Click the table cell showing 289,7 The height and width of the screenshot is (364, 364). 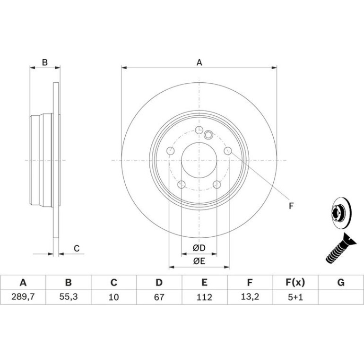pyautogui.click(x=23, y=297)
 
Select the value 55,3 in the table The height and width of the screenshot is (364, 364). pyautogui.click(x=68, y=297)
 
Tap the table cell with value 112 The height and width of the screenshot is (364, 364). pyautogui.click(x=205, y=297)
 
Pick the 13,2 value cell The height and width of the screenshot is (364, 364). pyautogui.click(x=250, y=297)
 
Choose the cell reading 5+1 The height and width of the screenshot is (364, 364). pyautogui.click(x=295, y=297)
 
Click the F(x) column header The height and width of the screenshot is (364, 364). pyautogui.click(x=295, y=283)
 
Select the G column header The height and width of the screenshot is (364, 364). pyautogui.click(x=341, y=283)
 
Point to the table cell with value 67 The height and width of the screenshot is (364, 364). pyautogui.click(x=159, y=297)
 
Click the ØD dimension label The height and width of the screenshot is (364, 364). pyautogui.click(x=199, y=248)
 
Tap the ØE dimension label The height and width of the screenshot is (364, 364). pyautogui.click(x=199, y=261)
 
